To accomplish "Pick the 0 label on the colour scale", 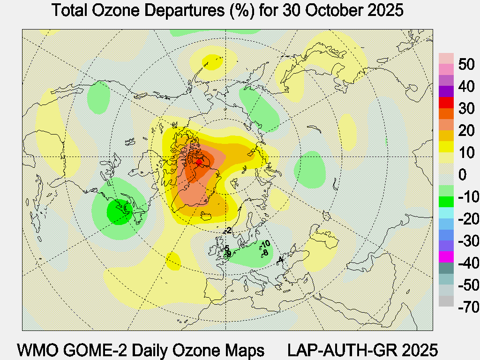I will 462,175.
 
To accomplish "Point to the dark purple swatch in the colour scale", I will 446,91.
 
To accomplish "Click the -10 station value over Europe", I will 265,244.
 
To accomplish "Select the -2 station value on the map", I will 228,230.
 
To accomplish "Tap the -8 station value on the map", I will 265,253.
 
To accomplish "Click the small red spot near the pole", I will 199,162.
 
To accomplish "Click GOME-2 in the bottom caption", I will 104,350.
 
